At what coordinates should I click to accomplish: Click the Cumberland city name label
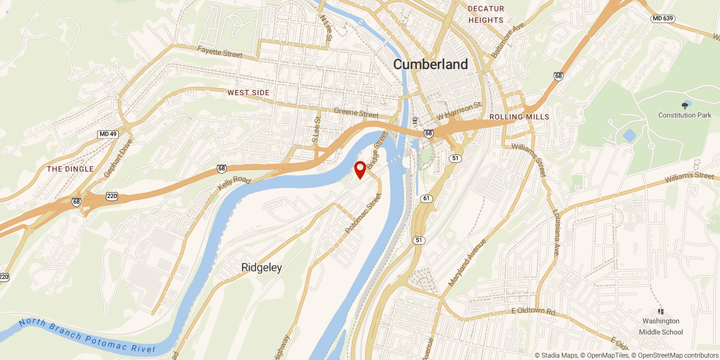430,64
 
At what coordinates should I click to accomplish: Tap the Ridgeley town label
262,267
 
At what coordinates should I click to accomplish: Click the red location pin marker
360,169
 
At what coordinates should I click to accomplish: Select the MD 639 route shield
663,19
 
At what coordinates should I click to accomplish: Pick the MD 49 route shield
108,134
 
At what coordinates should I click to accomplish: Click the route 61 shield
426,198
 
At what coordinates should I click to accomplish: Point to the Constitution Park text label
685,115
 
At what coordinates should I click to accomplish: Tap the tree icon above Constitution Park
685,106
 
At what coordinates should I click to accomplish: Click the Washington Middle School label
661,326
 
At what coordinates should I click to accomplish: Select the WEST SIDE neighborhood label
248,93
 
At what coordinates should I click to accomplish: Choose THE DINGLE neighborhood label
70,169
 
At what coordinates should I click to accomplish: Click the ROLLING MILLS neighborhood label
519,117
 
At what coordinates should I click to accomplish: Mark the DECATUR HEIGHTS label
486,14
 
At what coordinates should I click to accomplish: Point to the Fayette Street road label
220,52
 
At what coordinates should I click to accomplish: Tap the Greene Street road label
356,113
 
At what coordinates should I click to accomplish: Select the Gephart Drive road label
118,158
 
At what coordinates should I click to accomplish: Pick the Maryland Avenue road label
467,263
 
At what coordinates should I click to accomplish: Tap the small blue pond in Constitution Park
629,135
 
